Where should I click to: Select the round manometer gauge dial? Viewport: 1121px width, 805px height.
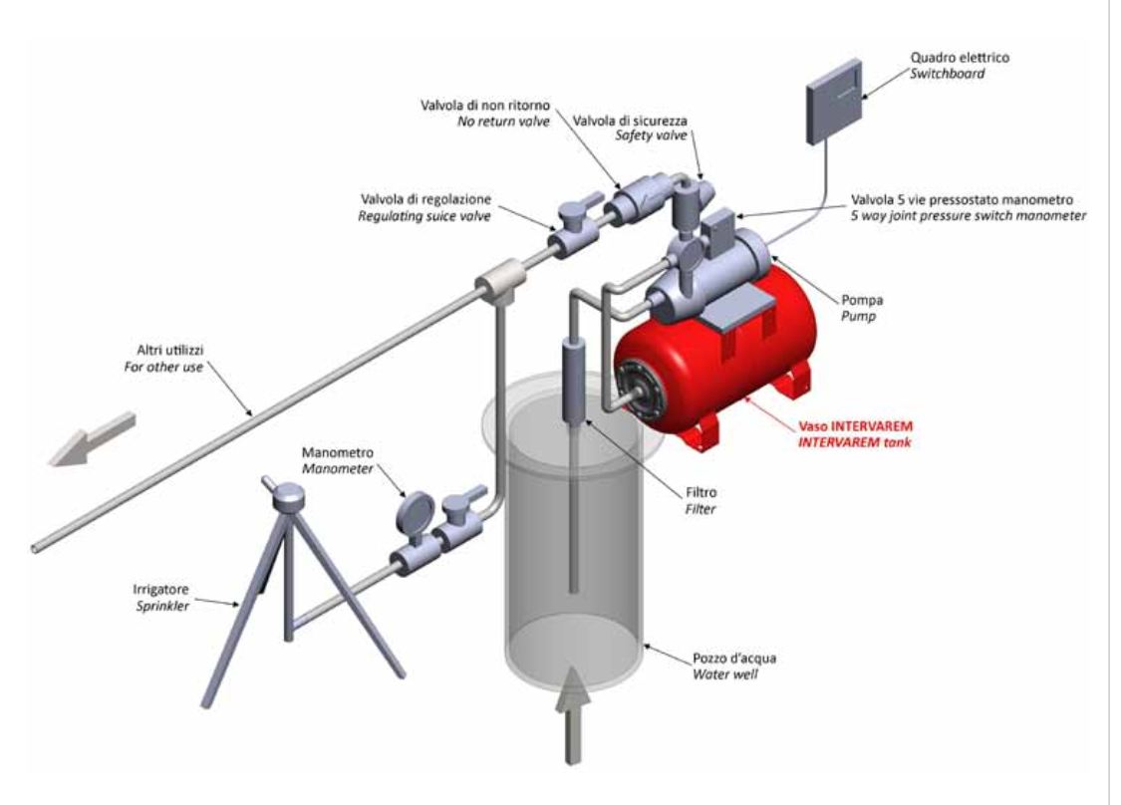(412, 512)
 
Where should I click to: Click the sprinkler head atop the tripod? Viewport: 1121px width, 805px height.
(290, 495)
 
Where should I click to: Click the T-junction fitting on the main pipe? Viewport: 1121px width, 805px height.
(495, 284)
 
